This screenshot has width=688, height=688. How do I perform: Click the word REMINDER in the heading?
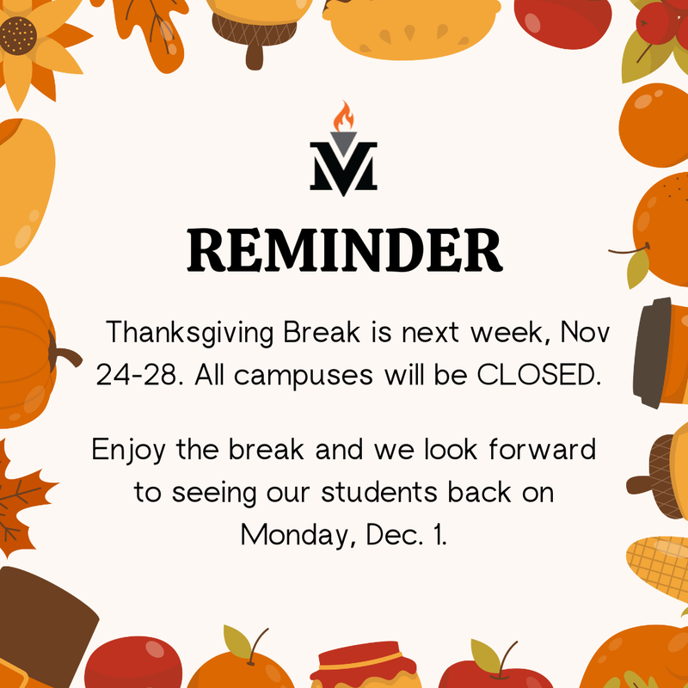[344, 249]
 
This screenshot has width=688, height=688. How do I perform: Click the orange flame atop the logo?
[343, 118]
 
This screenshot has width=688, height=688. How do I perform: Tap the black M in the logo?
[343, 166]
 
